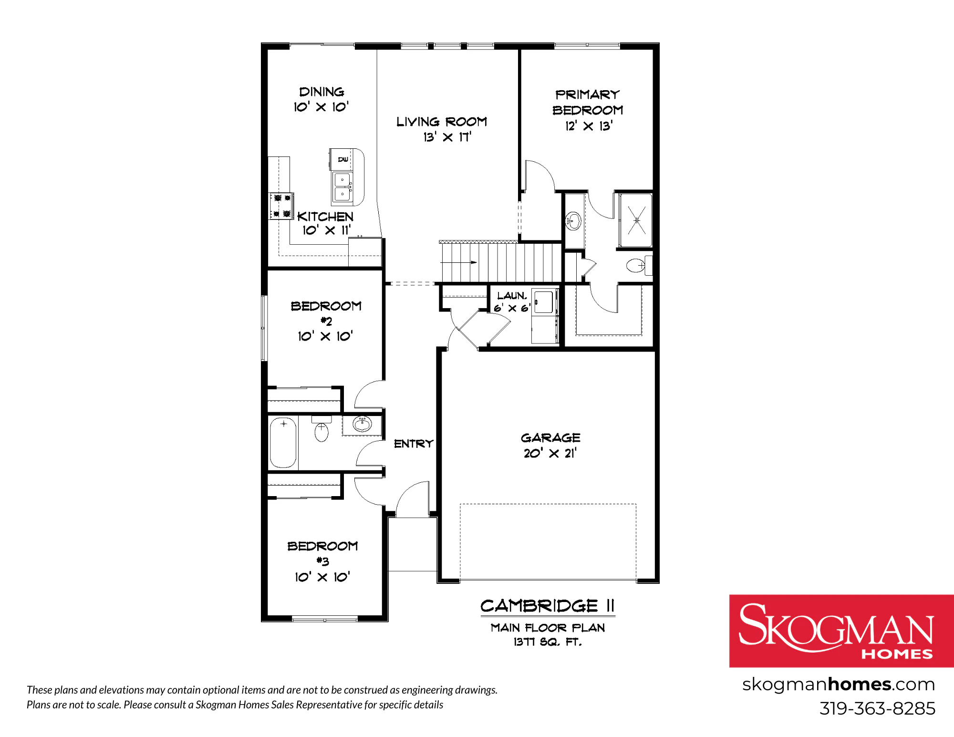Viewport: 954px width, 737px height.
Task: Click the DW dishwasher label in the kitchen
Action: (x=343, y=159)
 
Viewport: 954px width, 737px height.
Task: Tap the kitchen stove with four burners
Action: (x=281, y=206)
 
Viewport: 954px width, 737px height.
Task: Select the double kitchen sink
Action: (x=343, y=187)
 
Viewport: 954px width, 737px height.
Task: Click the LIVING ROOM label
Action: (x=442, y=122)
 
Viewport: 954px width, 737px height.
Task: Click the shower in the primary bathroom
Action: (x=636, y=220)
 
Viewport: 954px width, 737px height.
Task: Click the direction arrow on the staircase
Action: (x=458, y=262)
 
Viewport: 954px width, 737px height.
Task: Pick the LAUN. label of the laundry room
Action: (x=512, y=296)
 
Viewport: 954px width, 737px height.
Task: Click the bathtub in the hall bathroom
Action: (x=283, y=442)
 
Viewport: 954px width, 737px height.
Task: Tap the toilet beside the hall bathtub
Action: (x=321, y=429)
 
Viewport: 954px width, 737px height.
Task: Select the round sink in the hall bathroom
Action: (x=362, y=423)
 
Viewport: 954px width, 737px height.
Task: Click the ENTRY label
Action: (x=414, y=444)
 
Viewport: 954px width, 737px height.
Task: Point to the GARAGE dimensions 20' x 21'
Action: (x=550, y=453)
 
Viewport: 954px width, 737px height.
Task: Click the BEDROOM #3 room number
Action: (x=322, y=561)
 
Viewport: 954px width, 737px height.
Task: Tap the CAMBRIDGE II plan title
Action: (x=548, y=606)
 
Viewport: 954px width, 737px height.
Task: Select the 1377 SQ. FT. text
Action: (x=548, y=642)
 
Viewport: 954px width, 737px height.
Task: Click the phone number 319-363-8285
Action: (x=877, y=708)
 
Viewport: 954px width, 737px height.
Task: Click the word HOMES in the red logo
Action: (x=897, y=654)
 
